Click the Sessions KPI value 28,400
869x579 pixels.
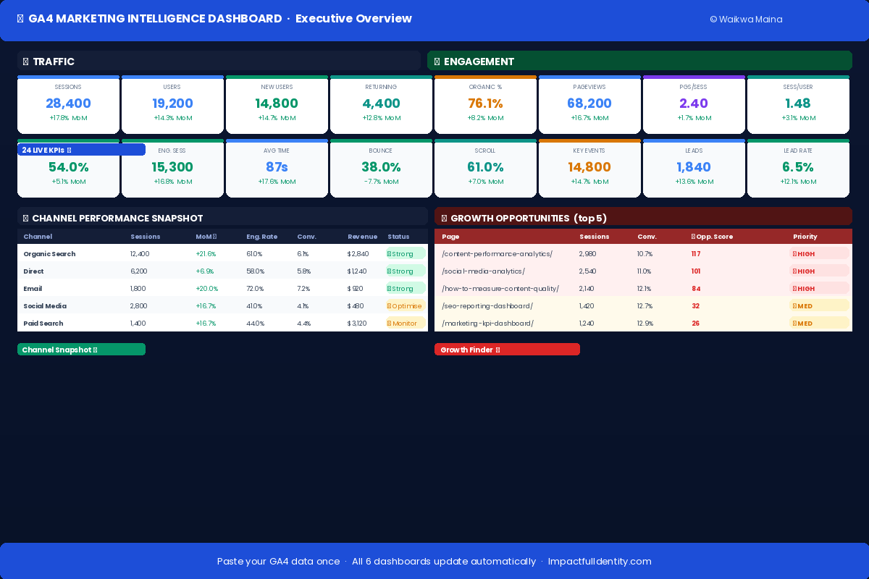pos(68,103)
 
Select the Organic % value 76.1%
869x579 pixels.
pos(485,103)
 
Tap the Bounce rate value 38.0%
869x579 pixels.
pos(381,167)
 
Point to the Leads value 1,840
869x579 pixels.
pos(694,167)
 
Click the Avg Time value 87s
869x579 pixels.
pos(277,167)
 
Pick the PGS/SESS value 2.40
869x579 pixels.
pos(694,103)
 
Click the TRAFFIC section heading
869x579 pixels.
pos(53,62)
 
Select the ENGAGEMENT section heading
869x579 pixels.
pos(479,62)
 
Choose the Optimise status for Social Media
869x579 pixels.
pos(406,306)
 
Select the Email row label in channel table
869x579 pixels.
pos(33,289)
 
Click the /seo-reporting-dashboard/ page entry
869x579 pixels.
pos(487,306)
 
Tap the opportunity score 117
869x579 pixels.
pos(696,254)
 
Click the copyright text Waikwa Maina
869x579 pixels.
pos(746,20)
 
